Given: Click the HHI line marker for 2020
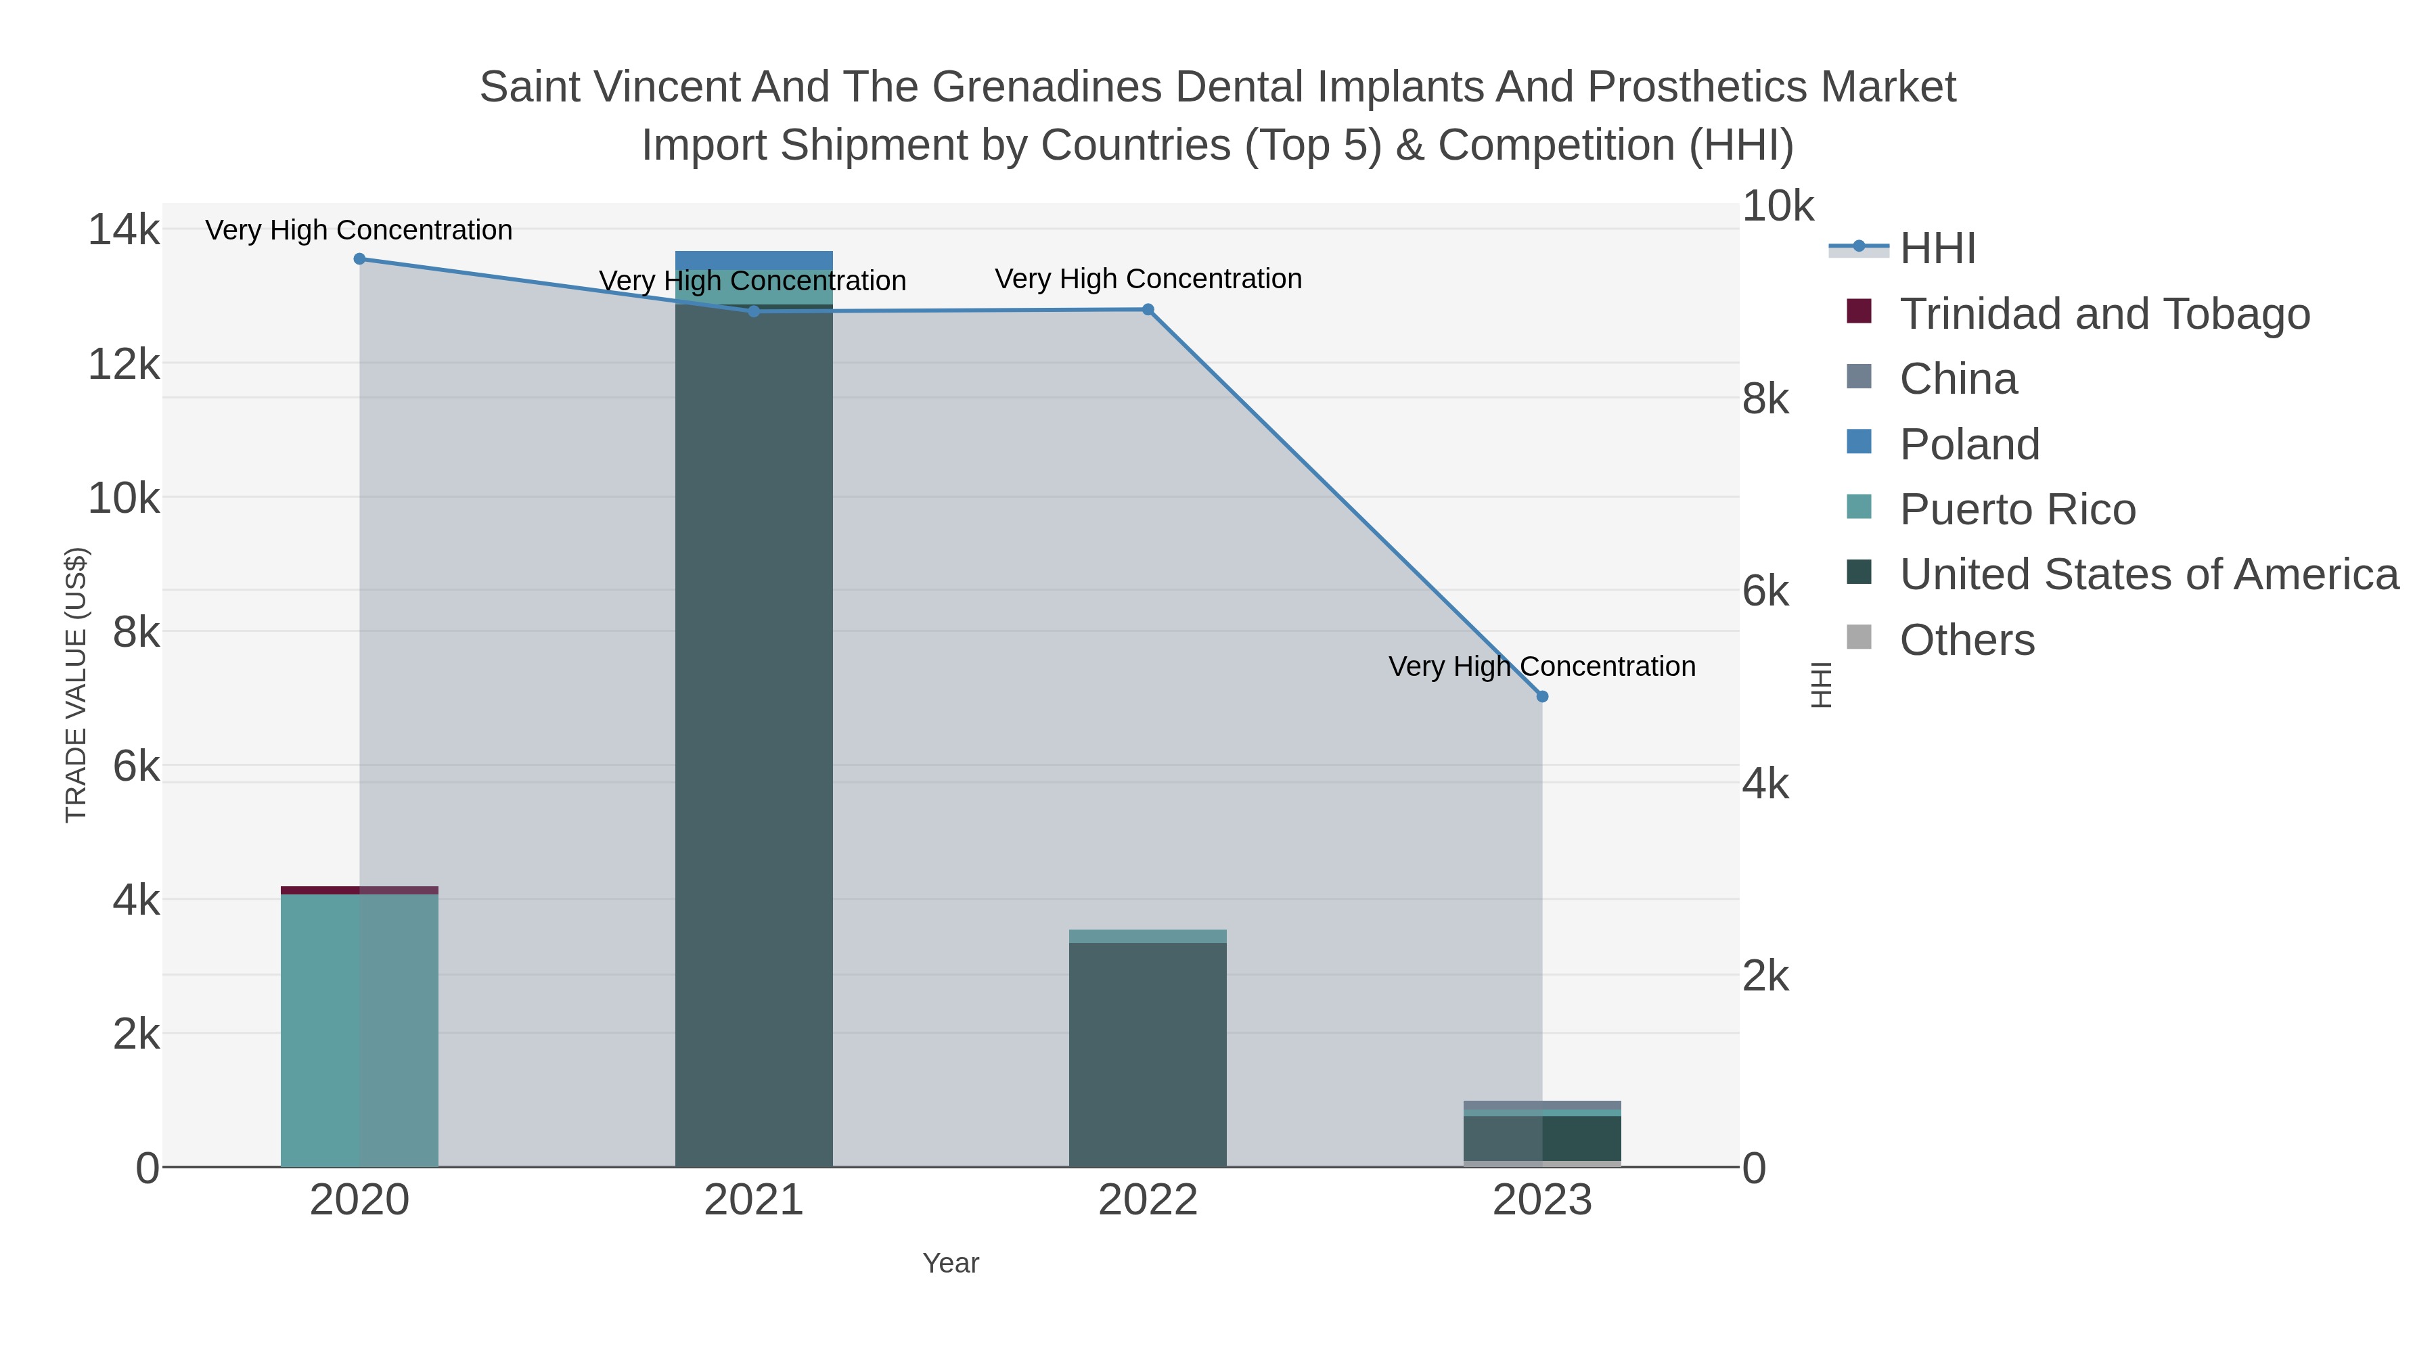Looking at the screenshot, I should click(x=359, y=259).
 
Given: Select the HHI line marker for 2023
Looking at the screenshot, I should click(x=1542, y=697).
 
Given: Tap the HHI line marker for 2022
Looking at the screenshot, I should click(x=1148, y=310).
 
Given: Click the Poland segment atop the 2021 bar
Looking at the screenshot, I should click(x=754, y=260).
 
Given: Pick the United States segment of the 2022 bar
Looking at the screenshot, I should click(x=1148, y=1054).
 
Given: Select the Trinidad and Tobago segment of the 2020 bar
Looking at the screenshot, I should click(x=359, y=890).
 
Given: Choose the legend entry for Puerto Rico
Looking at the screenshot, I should click(x=2017, y=509).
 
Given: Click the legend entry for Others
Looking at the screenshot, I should click(x=1967, y=640).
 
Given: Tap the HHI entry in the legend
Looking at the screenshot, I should click(x=1937, y=249).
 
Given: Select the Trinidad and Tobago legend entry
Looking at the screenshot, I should click(x=2104, y=314).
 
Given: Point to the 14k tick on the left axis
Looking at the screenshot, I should click(x=124, y=230).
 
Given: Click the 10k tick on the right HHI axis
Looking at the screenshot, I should click(x=1778, y=206).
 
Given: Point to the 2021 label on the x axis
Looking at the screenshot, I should click(x=754, y=1201).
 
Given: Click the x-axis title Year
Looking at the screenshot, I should click(x=951, y=1263).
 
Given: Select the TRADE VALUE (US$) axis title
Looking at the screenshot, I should click(x=76, y=685).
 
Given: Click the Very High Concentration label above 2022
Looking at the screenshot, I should click(x=1148, y=279).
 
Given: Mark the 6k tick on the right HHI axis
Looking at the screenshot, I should click(x=1765, y=592).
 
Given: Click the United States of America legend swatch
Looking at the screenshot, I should click(x=1858, y=572).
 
